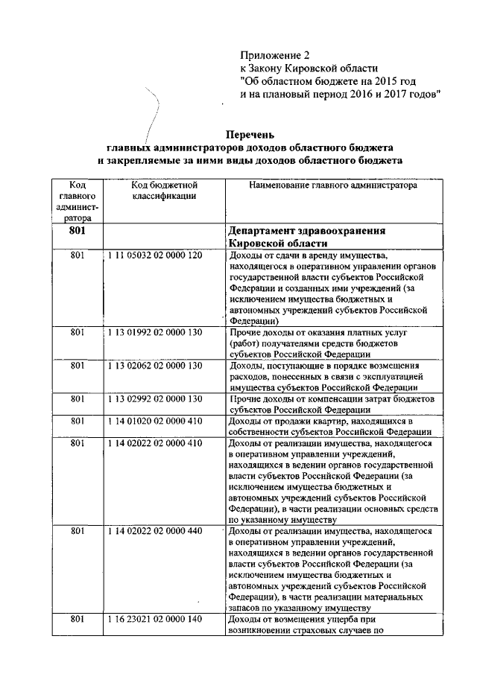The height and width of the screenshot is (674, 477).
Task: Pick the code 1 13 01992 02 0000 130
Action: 154,331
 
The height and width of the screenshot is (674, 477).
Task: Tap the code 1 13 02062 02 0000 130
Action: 154,366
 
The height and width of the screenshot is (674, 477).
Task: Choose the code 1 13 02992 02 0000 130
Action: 154,399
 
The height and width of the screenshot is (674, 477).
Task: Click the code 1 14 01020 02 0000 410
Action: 154,422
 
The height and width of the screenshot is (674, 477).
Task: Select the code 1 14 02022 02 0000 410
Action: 154,445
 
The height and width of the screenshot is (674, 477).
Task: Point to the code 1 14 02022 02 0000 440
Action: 154,531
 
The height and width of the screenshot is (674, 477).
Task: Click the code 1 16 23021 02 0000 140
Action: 154,619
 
